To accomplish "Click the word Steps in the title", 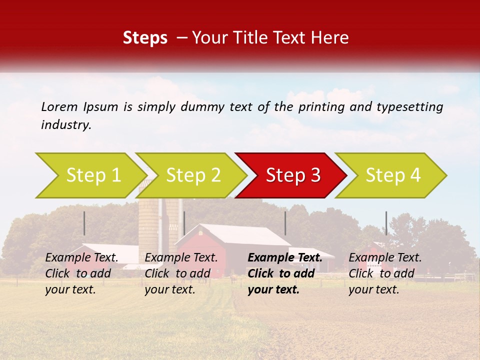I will [x=145, y=38].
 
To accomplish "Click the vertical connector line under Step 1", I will [x=84, y=223].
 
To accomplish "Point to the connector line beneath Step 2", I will [x=184, y=223].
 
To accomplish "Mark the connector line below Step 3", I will [x=285, y=223].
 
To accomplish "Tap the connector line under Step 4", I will [x=386, y=223].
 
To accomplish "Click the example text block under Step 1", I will [x=82, y=273].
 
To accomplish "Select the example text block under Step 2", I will [x=181, y=273].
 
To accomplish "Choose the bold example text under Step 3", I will [x=284, y=273].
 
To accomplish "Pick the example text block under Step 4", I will [x=385, y=273].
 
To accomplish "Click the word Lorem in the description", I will [x=59, y=106].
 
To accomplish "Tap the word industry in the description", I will [x=66, y=125].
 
